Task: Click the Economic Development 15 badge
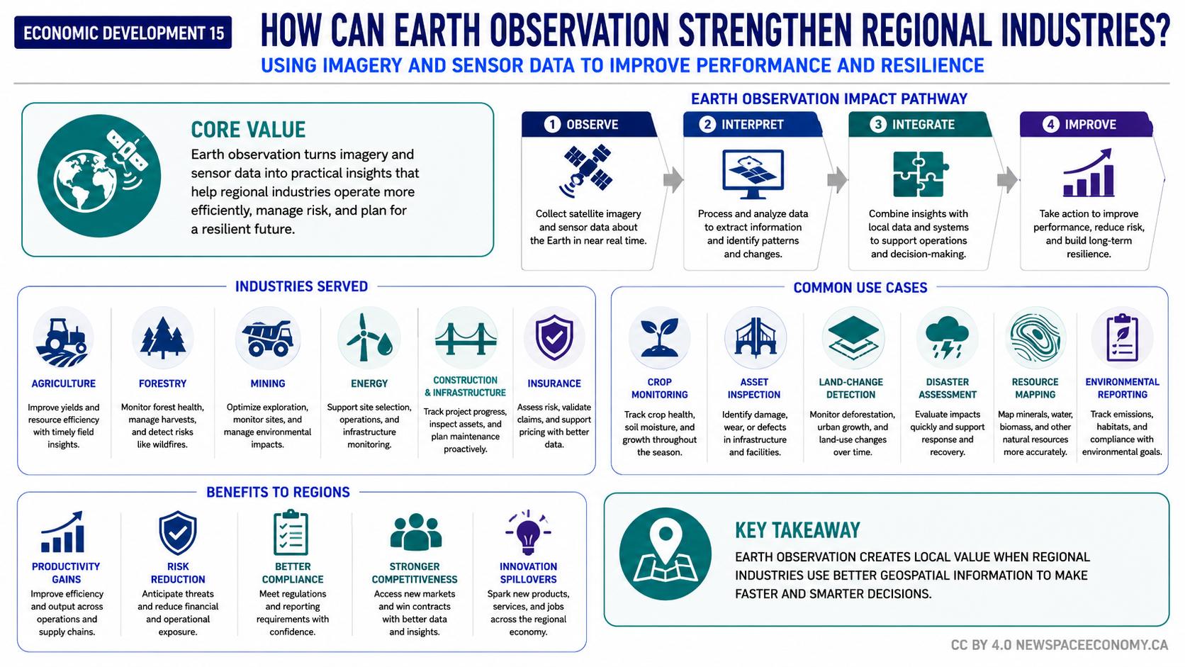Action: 123,33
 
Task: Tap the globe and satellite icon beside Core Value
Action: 99,176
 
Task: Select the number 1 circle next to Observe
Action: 552,125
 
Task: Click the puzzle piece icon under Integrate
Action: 918,174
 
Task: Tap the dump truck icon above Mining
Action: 268,338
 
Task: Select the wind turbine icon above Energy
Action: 369,337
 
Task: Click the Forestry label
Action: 162,383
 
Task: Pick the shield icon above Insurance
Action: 554,337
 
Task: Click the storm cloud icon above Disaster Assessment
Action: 947,337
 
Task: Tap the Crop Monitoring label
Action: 659,388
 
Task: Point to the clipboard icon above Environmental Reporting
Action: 1122,338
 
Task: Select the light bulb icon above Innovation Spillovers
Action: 528,532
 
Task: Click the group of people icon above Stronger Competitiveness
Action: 415,532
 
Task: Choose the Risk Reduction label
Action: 178,573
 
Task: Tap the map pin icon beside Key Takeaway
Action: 665,554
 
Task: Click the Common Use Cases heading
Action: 860,288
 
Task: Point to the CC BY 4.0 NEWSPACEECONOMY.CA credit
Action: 1059,645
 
